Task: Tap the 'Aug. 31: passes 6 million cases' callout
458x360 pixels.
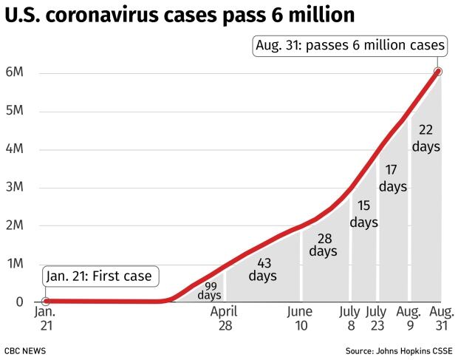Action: (x=351, y=46)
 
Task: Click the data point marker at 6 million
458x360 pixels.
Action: (x=438, y=72)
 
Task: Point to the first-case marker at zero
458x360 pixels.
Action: (x=46, y=301)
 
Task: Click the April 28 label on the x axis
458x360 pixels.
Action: (x=223, y=318)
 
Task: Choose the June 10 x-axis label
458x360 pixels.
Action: (x=300, y=318)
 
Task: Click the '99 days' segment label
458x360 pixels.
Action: (x=208, y=291)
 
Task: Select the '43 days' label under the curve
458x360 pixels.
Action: (x=262, y=269)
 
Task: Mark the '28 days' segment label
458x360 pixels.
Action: (x=323, y=245)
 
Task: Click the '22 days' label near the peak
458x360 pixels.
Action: (x=426, y=138)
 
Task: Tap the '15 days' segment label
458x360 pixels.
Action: (x=363, y=214)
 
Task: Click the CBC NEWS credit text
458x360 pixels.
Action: (x=27, y=349)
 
